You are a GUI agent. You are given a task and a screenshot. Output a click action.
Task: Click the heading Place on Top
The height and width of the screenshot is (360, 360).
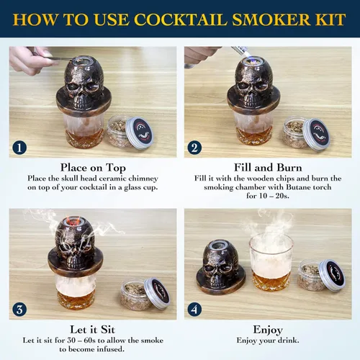94,166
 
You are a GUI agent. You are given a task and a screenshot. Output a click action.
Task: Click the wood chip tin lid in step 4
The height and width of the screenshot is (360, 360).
333,275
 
